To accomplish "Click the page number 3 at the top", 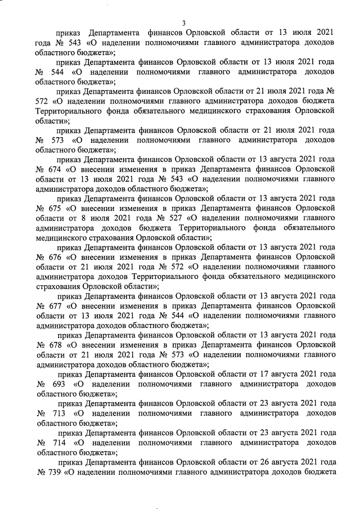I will pyautogui.click(x=183, y=22).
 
